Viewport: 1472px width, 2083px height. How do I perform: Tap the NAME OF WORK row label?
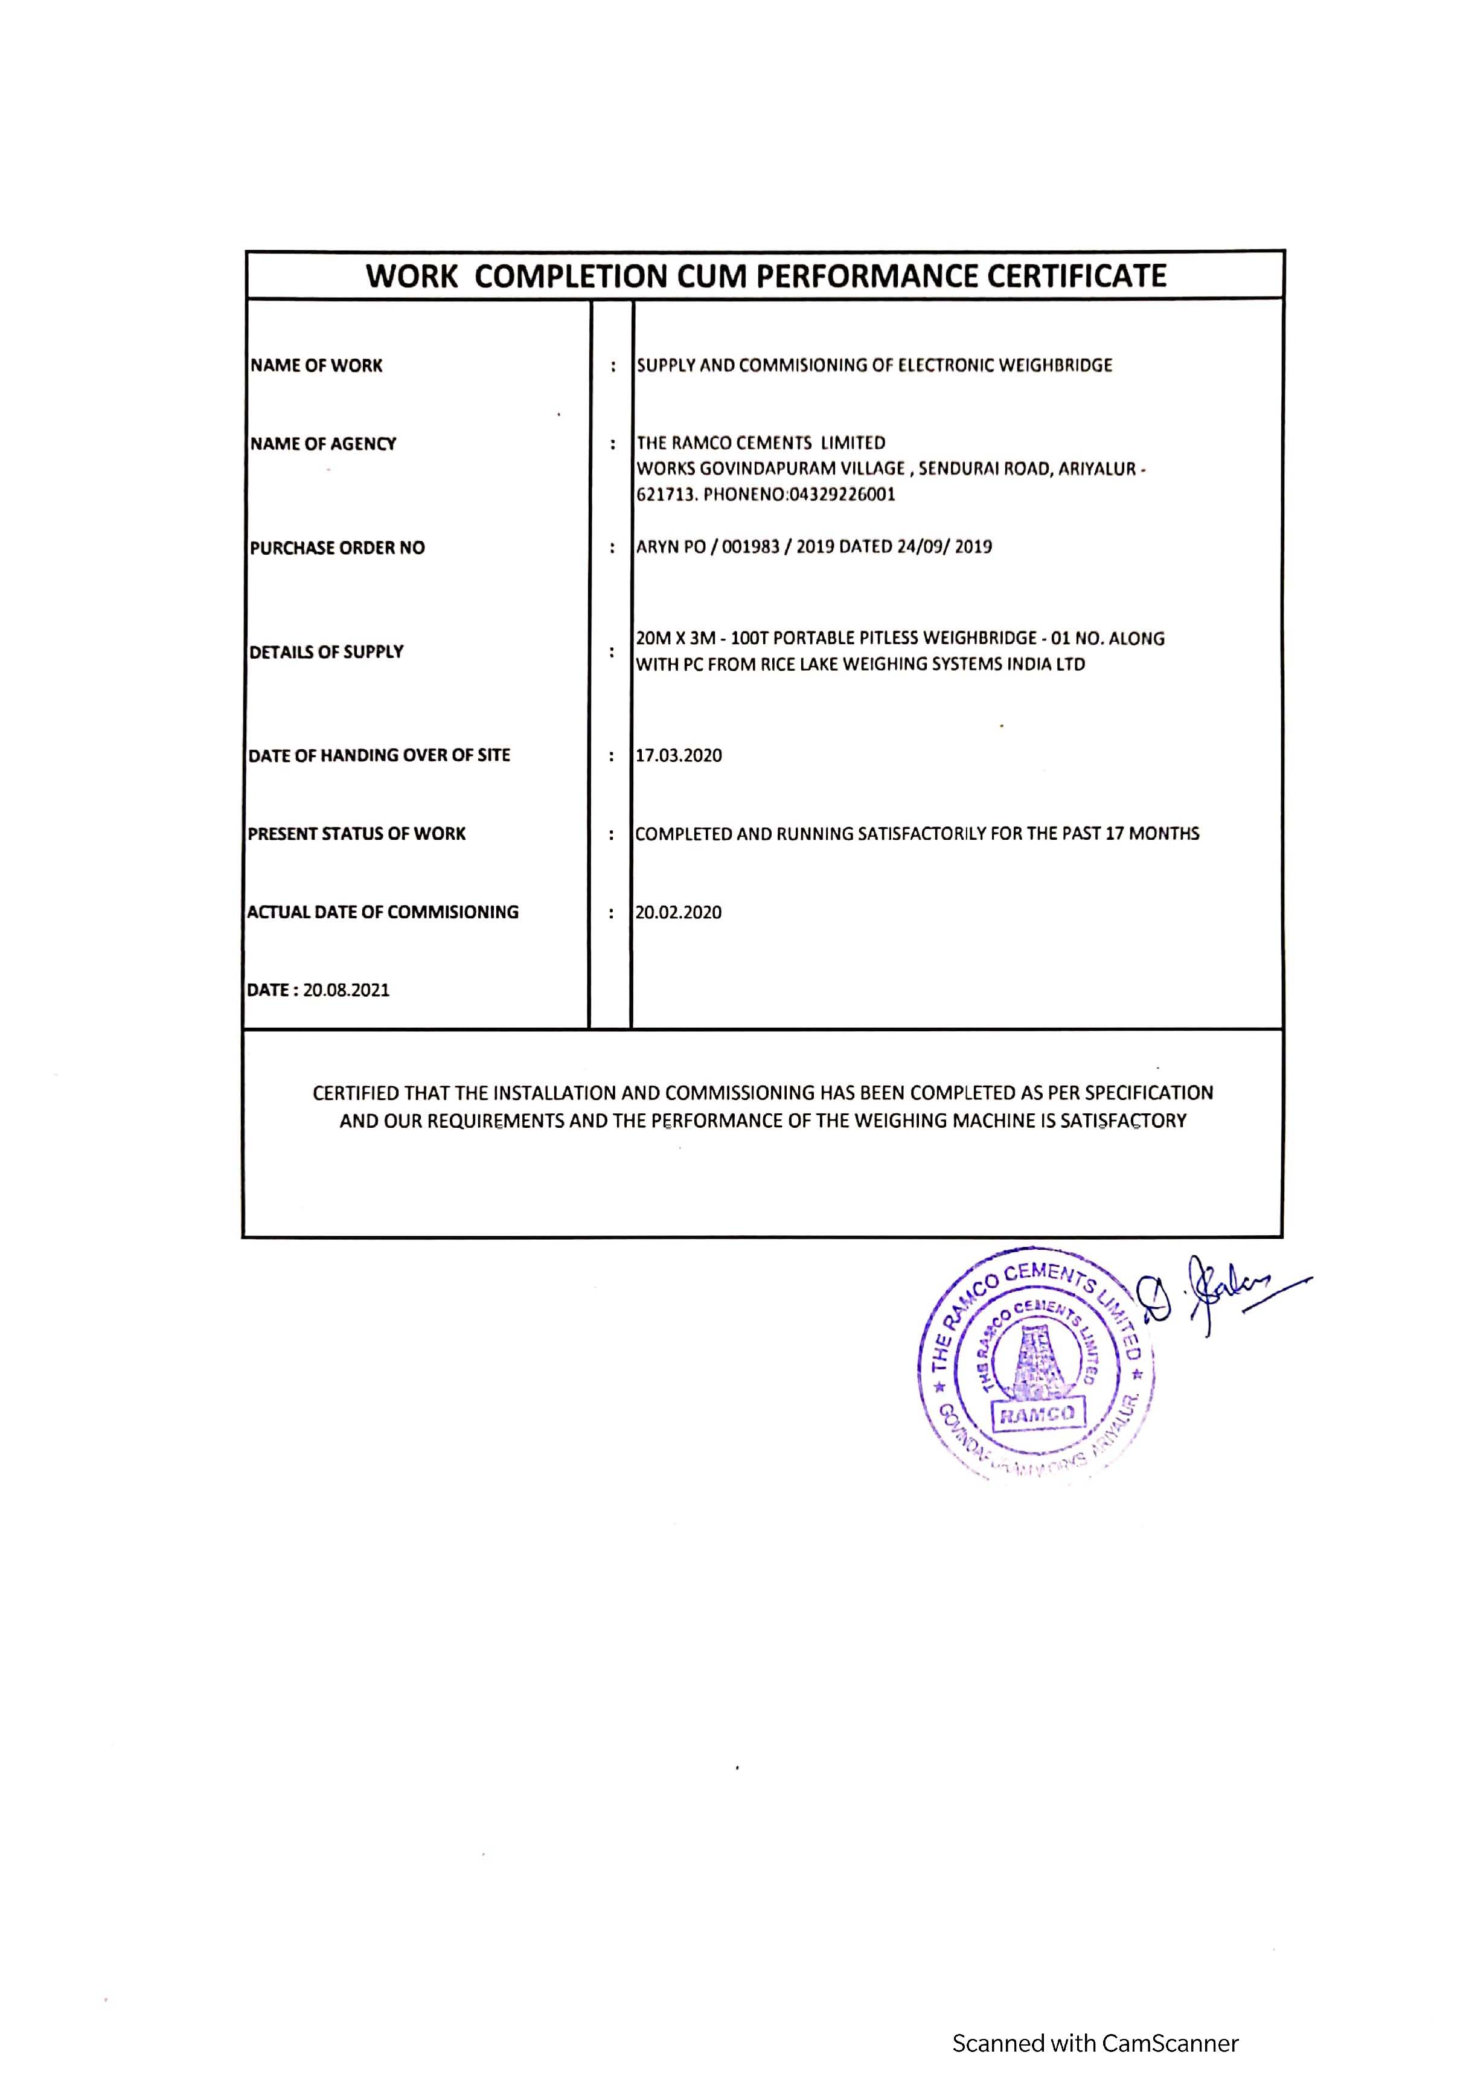click(x=316, y=366)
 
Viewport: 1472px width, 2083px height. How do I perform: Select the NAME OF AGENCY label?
click(x=323, y=444)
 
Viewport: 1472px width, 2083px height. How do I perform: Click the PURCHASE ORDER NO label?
click(x=338, y=548)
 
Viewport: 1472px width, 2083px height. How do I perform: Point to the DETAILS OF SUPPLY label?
click(x=327, y=651)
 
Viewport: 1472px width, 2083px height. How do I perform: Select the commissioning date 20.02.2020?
click(x=679, y=913)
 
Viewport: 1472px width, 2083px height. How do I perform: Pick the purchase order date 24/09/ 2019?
click(x=944, y=547)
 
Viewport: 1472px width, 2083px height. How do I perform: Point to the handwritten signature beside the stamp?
click(x=1215, y=1293)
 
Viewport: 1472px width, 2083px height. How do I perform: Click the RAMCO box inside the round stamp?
click(x=1037, y=1413)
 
